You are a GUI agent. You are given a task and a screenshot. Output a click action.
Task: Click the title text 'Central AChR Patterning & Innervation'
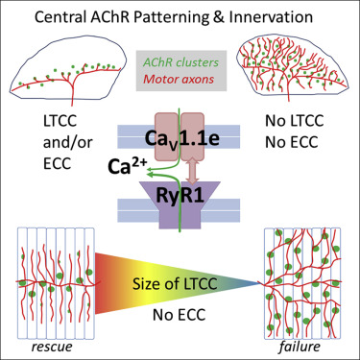point(180,16)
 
